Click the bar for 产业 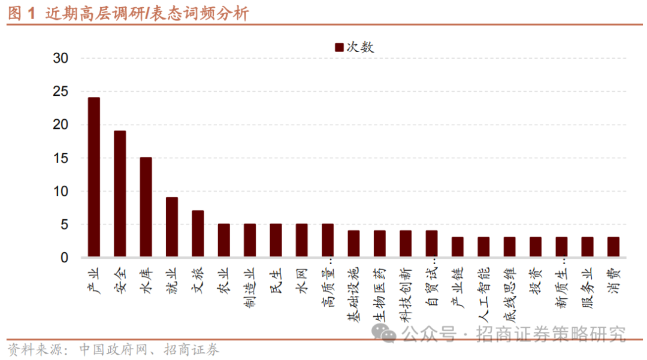tap(94, 177)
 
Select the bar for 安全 tap(120, 194)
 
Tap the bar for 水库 tap(146, 207)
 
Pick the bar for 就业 tap(172, 227)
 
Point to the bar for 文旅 tap(198, 234)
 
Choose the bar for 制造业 tap(250, 240)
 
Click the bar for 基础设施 tap(353, 244)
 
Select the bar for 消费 tap(613, 247)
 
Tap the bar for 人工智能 tap(483, 247)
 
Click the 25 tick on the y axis tap(61, 92)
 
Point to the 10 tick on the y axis tap(61, 191)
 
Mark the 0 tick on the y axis tap(64, 258)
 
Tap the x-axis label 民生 tap(276, 281)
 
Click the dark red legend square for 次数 tap(339, 47)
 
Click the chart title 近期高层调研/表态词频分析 tap(147, 14)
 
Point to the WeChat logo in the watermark tap(384, 333)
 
